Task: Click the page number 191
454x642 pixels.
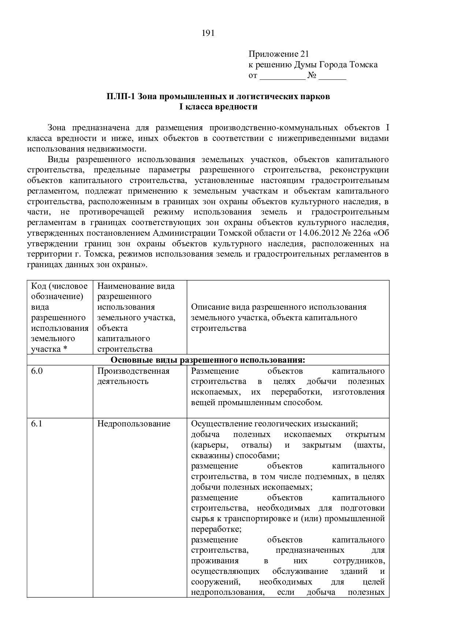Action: pyautogui.click(x=208, y=33)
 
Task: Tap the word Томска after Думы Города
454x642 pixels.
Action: pyautogui.click(x=364, y=65)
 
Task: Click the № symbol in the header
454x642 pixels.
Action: pyautogui.click(x=312, y=76)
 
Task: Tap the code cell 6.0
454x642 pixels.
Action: pyautogui.click(x=37, y=371)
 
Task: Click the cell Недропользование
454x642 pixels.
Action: pyautogui.click(x=134, y=423)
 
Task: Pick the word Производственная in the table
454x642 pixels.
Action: pyautogui.click(x=133, y=371)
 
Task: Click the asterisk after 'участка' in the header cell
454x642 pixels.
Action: pyautogui.click(x=65, y=349)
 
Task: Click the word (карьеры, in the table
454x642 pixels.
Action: pyautogui.click(x=210, y=445)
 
